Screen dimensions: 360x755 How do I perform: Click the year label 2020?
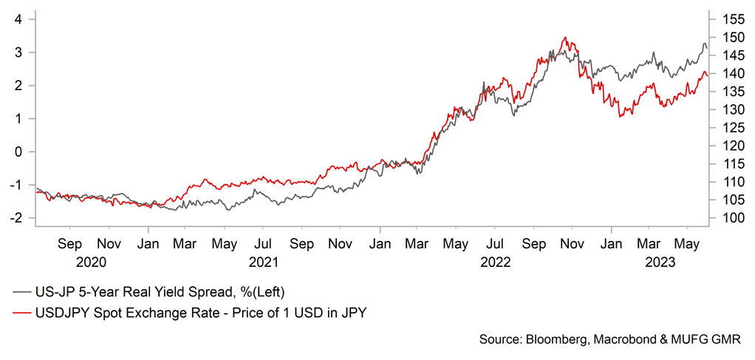(89, 262)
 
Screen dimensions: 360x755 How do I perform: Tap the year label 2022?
(496, 262)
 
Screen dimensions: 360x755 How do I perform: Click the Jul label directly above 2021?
(262, 242)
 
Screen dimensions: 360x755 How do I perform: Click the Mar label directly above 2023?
(649, 242)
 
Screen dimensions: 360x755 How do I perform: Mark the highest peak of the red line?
(564, 37)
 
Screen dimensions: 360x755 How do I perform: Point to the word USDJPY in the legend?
(63, 313)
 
